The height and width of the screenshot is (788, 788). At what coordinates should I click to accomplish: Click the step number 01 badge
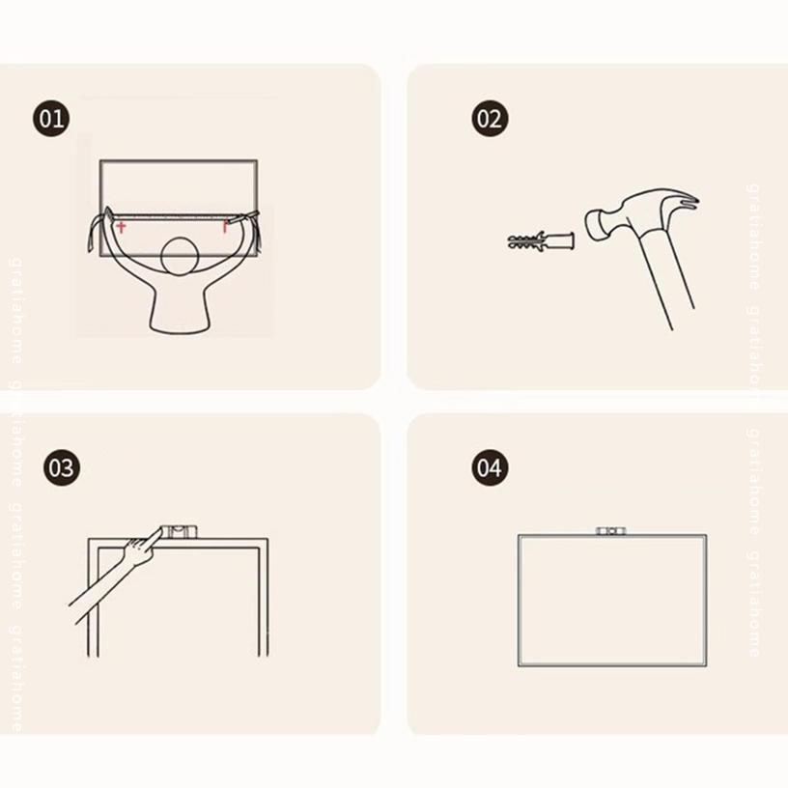[51, 119]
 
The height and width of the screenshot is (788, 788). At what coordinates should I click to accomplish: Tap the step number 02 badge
[490, 119]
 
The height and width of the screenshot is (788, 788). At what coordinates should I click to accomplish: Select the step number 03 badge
[61, 467]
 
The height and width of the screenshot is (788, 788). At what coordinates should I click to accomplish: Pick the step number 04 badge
[490, 467]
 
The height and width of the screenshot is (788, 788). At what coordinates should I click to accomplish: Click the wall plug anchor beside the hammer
[541, 240]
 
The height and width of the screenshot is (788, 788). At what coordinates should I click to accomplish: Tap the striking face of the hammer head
[595, 224]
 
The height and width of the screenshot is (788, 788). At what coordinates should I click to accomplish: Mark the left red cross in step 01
[121, 227]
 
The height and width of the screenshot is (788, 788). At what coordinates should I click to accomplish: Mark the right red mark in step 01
[225, 227]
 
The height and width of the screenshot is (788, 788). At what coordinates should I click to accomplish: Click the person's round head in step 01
[180, 256]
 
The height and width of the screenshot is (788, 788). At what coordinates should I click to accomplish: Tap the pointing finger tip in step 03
[162, 528]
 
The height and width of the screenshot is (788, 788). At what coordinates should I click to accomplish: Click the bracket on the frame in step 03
[179, 532]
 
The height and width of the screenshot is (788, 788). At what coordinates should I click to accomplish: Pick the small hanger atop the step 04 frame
[611, 531]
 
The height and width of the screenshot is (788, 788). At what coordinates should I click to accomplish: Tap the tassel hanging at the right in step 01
[258, 231]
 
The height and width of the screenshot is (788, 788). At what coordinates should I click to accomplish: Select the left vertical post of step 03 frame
[94, 598]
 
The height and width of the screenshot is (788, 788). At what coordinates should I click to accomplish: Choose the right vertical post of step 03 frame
[264, 598]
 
